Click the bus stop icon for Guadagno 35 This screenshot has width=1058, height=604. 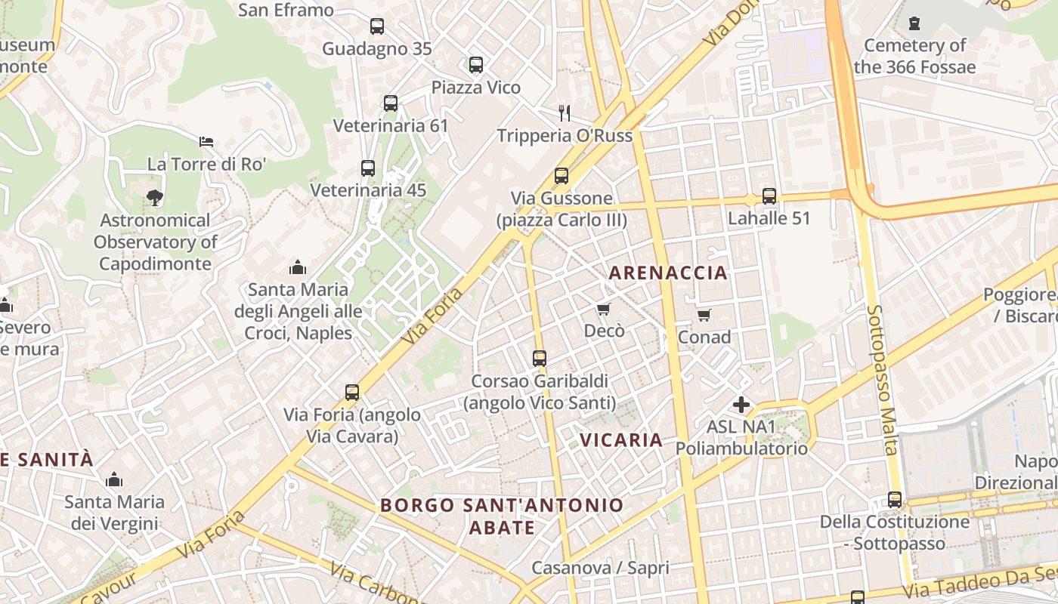(x=376, y=26)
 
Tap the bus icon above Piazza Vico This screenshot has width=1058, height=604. (x=475, y=65)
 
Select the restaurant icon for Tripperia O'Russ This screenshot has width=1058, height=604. (x=565, y=113)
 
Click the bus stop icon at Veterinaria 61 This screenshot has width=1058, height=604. (x=390, y=103)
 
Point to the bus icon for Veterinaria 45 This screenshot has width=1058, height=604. (x=368, y=168)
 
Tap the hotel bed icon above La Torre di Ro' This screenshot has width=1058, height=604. (x=206, y=142)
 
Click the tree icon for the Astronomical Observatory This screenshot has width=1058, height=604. (x=155, y=198)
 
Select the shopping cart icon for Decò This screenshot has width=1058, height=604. (x=603, y=309)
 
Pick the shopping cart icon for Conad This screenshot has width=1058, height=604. (x=704, y=315)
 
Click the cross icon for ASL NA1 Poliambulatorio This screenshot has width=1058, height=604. (x=741, y=405)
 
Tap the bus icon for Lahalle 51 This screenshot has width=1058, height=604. (x=769, y=196)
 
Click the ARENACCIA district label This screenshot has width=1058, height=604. (x=668, y=273)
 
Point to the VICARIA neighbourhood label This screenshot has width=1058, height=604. (x=620, y=439)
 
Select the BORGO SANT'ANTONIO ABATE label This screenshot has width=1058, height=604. (x=502, y=516)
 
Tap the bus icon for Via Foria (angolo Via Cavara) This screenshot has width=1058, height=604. (x=352, y=393)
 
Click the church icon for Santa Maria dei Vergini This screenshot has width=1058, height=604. (x=114, y=479)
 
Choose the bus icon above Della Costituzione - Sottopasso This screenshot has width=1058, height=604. (x=894, y=500)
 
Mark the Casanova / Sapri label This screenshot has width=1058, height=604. (x=600, y=568)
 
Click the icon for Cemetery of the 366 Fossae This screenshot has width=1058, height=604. (x=914, y=23)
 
